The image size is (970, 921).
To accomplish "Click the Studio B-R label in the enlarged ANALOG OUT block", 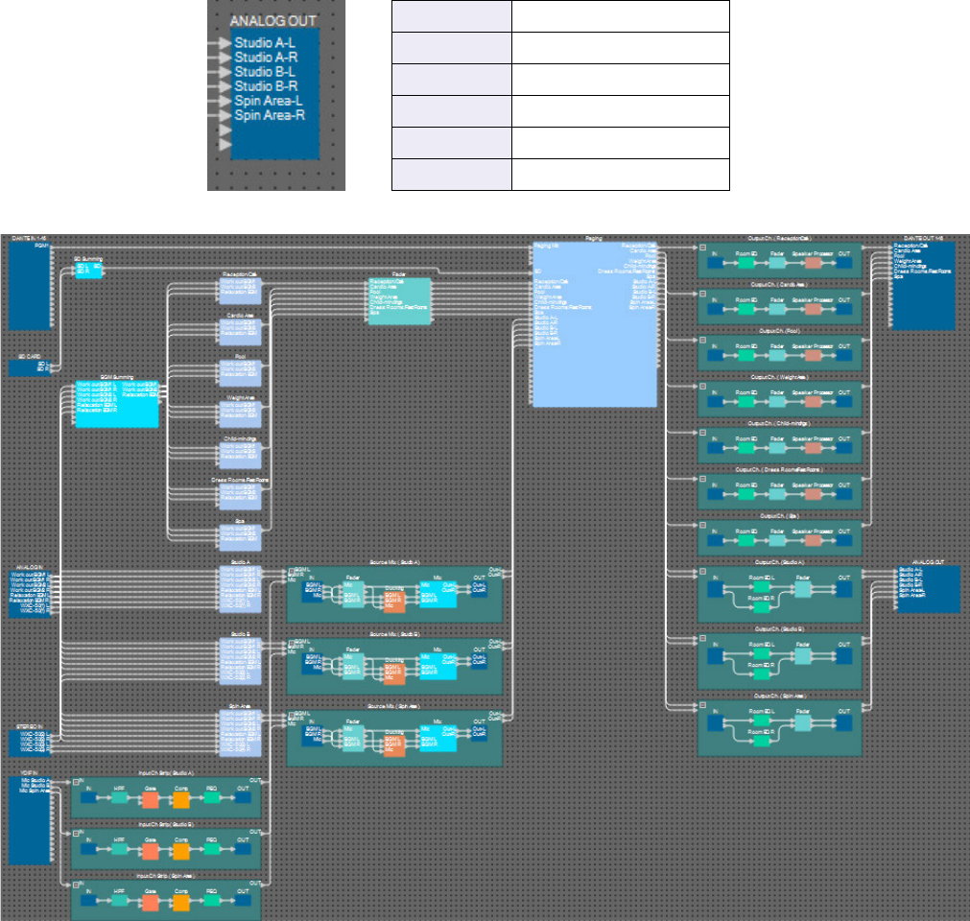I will (267, 85).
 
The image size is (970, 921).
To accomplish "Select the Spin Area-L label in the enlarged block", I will (269, 100).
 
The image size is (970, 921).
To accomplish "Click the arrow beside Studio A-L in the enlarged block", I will (225, 43).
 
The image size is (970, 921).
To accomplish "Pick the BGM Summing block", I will (116, 403).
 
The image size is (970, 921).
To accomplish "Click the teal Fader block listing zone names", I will (399, 301).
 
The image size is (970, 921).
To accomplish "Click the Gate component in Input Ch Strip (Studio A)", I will (151, 797).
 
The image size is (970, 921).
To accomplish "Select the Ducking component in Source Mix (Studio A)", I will (393, 601).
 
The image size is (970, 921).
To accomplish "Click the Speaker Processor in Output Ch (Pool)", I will (813, 354).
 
